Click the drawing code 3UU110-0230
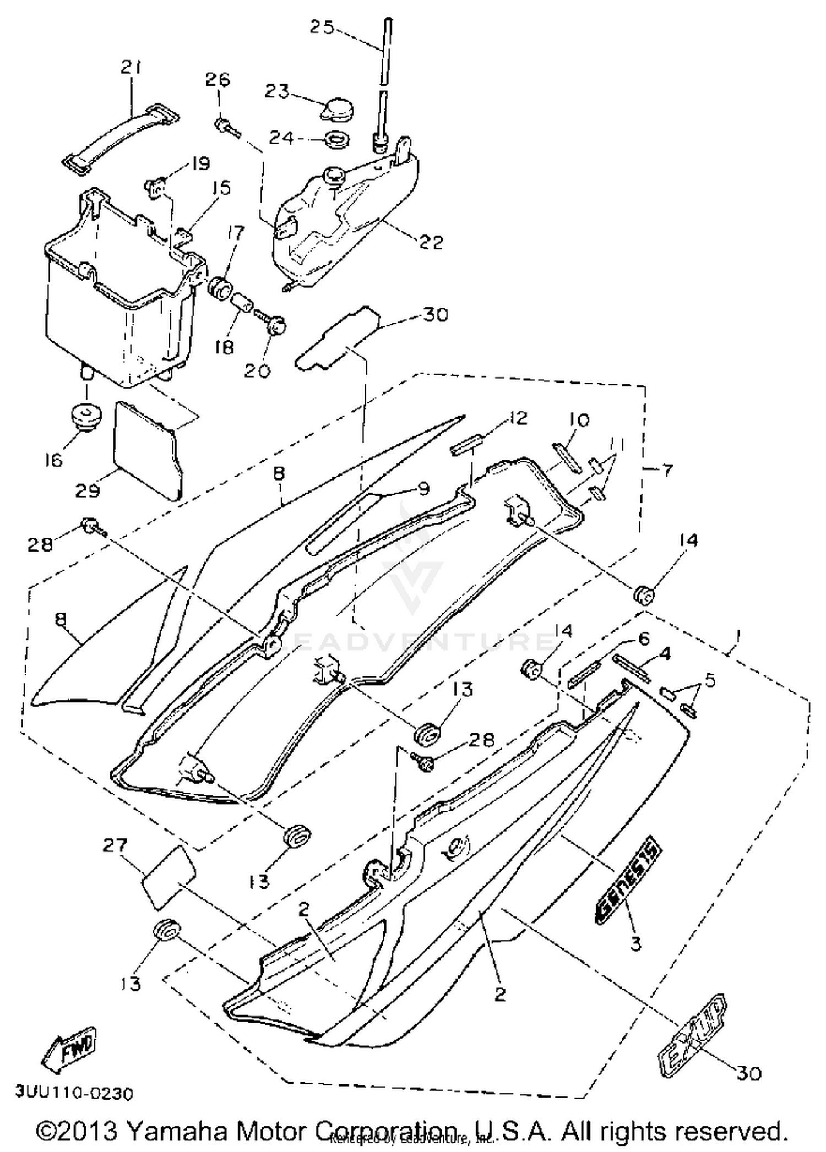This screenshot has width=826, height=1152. click(x=74, y=1093)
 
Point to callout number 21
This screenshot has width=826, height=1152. click(x=131, y=68)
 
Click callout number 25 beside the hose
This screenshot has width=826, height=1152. click(x=322, y=26)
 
